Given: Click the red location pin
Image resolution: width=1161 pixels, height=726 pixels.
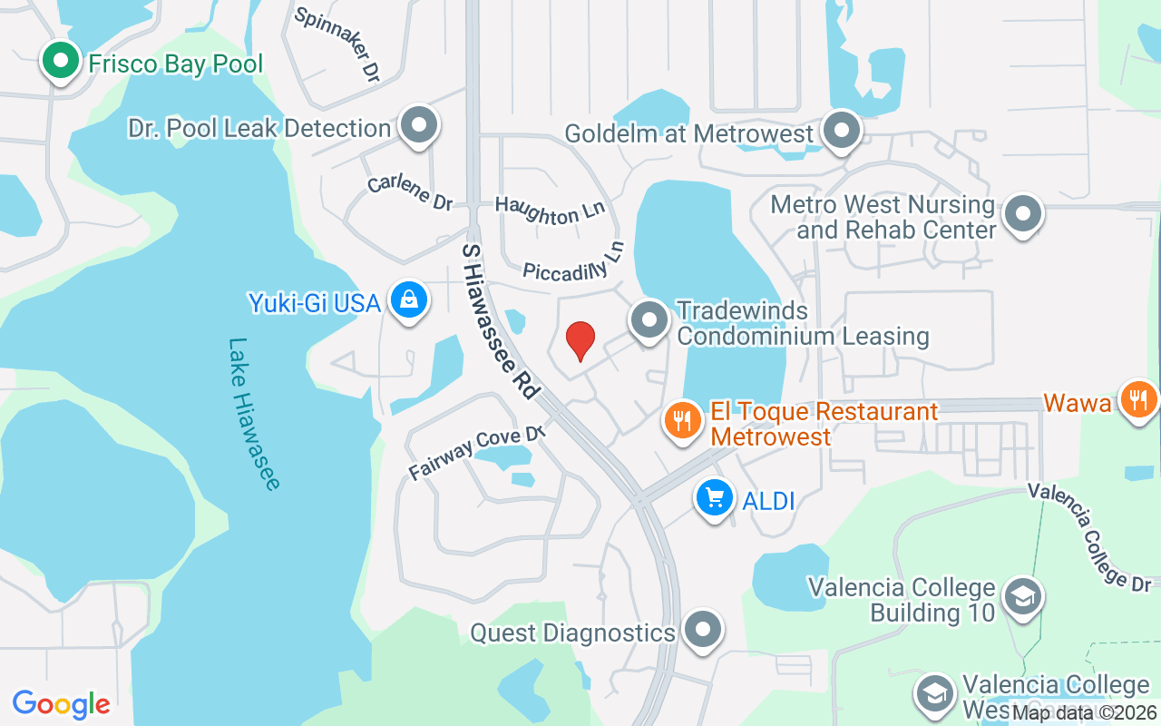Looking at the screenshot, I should (580, 341).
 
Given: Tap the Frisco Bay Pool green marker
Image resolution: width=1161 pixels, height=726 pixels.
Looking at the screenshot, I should (61, 62).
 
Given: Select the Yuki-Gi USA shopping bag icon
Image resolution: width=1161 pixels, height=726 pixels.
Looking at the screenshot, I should (409, 299).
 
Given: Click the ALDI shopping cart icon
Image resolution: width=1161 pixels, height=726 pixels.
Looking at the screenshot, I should (715, 497).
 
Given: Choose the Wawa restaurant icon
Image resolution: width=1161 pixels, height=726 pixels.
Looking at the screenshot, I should (1138, 398).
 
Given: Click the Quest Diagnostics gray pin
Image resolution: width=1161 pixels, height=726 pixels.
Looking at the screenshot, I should (702, 629).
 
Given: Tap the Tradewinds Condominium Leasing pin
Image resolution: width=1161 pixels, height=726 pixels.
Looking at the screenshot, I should (649, 320).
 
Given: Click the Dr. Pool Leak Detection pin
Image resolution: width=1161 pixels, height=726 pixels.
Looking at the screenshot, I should (419, 126).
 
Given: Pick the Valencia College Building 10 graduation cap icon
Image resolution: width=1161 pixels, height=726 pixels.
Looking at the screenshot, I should (1024, 596).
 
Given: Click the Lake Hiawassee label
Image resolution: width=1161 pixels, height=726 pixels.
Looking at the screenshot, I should (253, 414).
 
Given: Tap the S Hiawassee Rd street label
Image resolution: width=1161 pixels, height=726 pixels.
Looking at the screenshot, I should (500, 319).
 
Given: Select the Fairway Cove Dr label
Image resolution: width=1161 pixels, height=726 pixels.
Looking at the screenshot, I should (475, 451).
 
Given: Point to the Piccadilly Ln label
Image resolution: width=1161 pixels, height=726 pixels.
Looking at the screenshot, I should (574, 264).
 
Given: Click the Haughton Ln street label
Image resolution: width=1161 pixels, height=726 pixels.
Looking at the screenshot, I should (550, 211).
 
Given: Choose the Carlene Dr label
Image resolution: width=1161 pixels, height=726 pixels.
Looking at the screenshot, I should (410, 191).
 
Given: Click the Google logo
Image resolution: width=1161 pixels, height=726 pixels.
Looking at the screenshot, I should (62, 703).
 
